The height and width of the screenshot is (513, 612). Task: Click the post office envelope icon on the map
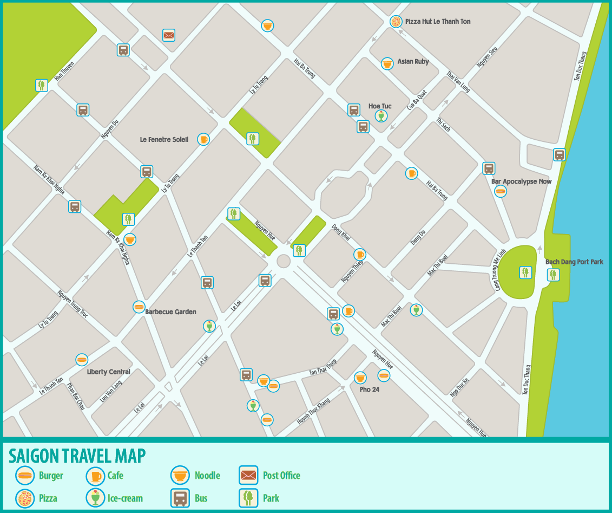click(x=169, y=35)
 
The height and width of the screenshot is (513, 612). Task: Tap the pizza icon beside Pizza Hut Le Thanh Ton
click(x=396, y=22)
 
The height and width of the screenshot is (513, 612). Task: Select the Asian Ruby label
click(x=413, y=62)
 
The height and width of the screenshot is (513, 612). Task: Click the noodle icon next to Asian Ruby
click(x=387, y=63)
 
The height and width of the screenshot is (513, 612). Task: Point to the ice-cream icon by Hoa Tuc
click(x=381, y=115)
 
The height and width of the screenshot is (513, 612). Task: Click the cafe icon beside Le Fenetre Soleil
click(x=203, y=139)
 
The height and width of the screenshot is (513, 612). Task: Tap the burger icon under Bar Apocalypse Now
click(x=501, y=191)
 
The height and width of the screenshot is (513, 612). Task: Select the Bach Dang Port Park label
click(x=574, y=262)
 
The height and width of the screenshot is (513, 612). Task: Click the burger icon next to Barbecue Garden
click(x=139, y=307)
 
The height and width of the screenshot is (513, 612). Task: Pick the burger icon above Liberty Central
click(x=82, y=359)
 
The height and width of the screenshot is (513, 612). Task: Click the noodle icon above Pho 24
click(x=360, y=378)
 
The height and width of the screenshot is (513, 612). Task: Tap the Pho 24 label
click(x=369, y=389)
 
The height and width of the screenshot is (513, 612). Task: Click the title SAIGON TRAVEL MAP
click(x=77, y=456)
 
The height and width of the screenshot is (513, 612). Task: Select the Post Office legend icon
click(x=248, y=476)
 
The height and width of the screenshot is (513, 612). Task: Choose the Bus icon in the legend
click(x=180, y=498)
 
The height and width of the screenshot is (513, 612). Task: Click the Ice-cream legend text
click(x=125, y=498)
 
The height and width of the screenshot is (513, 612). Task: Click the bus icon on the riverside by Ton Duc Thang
click(x=560, y=154)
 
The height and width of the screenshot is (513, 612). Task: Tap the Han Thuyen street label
click(x=64, y=75)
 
